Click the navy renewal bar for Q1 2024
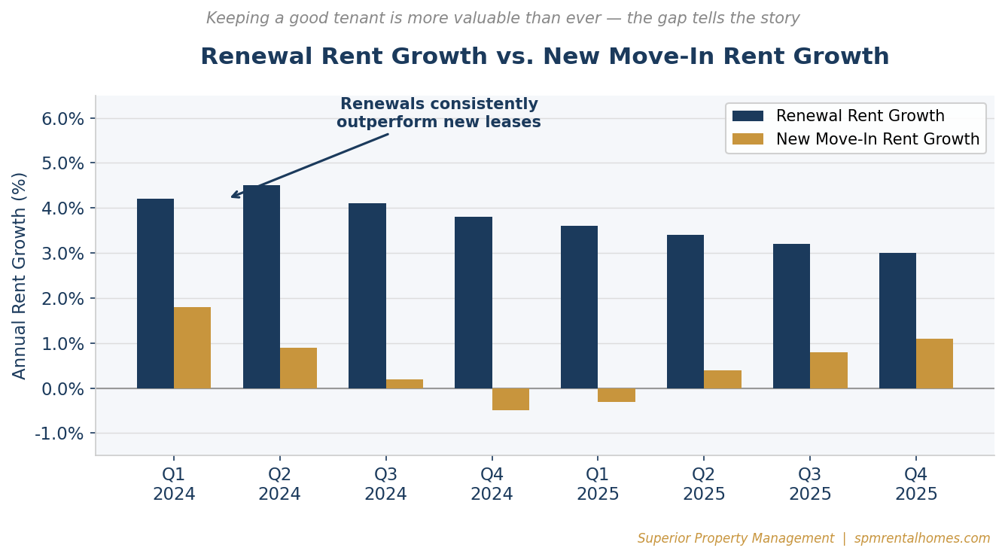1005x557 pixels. (x=155, y=294)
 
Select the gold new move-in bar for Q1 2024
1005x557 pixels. (x=192, y=348)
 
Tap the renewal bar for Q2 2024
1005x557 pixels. (x=261, y=287)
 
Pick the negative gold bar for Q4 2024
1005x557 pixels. (x=510, y=399)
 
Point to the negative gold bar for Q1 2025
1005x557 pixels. (x=617, y=395)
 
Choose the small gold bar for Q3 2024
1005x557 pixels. (x=404, y=384)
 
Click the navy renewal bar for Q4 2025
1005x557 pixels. (x=897, y=321)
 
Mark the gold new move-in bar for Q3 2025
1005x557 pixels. (x=829, y=370)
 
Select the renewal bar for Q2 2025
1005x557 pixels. (x=685, y=312)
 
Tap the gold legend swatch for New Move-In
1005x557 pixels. (x=748, y=139)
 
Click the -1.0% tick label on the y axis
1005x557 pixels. (x=59, y=434)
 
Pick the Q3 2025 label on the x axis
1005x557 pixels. (x=810, y=485)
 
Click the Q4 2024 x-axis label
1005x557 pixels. (x=492, y=485)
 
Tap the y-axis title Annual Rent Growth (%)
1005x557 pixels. (x=20, y=275)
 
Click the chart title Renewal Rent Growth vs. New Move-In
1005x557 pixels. (x=544, y=57)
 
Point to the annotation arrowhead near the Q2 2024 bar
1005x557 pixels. (x=233, y=196)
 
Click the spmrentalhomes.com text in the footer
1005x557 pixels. (x=922, y=539)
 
